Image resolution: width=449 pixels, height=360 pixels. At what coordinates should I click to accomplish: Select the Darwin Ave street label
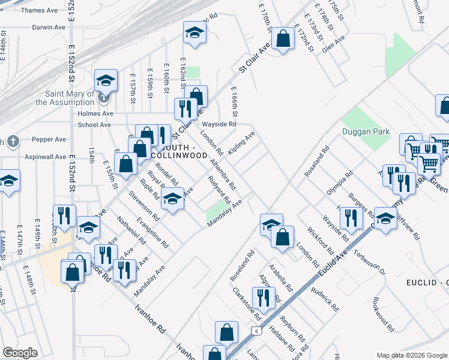pos(48,28)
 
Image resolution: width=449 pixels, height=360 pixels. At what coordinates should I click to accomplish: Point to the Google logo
pos(20,353)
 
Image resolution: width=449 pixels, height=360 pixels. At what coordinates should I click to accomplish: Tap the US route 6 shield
pos(256,331)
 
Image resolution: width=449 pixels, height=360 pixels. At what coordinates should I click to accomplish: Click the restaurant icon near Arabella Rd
pos(263,297)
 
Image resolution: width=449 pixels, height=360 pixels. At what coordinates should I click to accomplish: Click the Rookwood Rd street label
pos(383,314)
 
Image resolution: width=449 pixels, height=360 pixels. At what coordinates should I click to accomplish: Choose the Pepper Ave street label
pos(50,139)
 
